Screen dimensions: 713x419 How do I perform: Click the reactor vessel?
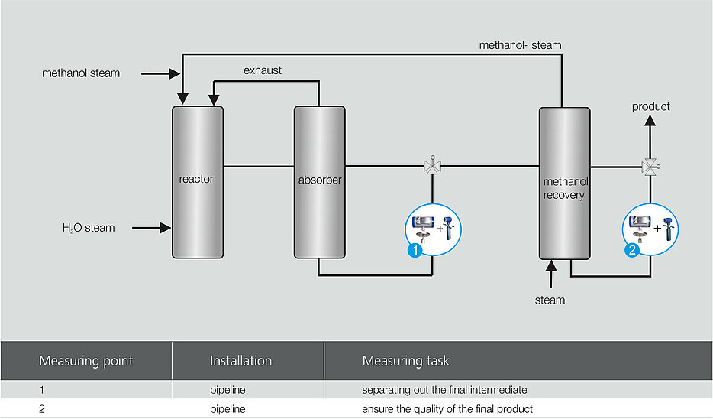point(198,182)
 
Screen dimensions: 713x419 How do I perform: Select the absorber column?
point(319,182)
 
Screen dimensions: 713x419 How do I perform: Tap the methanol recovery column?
point(564,183)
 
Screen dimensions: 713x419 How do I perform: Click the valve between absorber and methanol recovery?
point(432,165)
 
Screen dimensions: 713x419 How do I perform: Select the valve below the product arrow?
point(650,167)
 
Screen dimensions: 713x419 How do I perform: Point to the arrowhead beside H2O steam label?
point(165,228)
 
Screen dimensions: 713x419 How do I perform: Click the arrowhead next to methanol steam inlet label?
point(174,73)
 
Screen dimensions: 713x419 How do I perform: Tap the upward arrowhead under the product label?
point(650,120)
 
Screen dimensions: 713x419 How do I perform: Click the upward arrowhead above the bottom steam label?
point(551,265)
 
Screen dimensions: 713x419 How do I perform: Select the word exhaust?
point(263,70)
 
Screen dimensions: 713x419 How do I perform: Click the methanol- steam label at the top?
point(520,45)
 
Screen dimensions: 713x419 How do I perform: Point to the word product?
point(650,106)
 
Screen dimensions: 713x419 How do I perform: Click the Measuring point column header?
point(86,361)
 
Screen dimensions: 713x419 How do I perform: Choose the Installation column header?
point(240,361)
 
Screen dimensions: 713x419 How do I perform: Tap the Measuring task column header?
point(405,361)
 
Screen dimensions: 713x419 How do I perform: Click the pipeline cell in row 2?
point(227,409)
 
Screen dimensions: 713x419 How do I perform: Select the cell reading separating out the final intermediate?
point(444,390)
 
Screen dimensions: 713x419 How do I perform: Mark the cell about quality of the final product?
point(447,409)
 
